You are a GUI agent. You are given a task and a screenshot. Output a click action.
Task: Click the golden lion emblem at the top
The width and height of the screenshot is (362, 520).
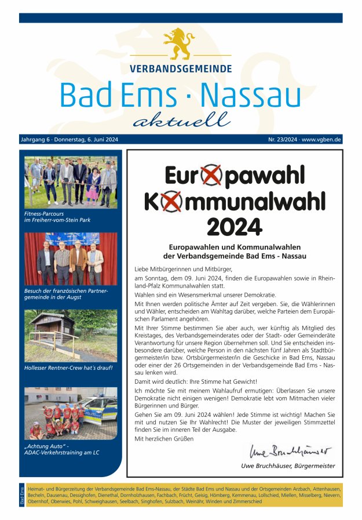point(179,44)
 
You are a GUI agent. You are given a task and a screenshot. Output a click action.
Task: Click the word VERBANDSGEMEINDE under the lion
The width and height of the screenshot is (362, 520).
point(181,68)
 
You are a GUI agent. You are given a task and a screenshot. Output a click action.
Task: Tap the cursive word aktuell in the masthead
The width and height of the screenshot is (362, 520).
point(181,120)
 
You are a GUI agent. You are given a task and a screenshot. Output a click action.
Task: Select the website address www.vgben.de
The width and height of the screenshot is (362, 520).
point(321,140)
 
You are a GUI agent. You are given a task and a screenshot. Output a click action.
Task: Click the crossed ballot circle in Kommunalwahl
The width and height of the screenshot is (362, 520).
point(171,201)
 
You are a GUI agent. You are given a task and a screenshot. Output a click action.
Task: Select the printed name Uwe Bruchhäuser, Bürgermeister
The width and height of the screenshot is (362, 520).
point(287,466)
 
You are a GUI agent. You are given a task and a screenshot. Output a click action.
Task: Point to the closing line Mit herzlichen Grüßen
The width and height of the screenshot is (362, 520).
point(164,439)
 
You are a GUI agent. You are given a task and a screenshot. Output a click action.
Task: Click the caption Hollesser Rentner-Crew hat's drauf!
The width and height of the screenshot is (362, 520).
point(68,368)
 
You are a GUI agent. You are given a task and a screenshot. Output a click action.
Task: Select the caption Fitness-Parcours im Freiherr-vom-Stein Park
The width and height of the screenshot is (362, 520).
point(57,216)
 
